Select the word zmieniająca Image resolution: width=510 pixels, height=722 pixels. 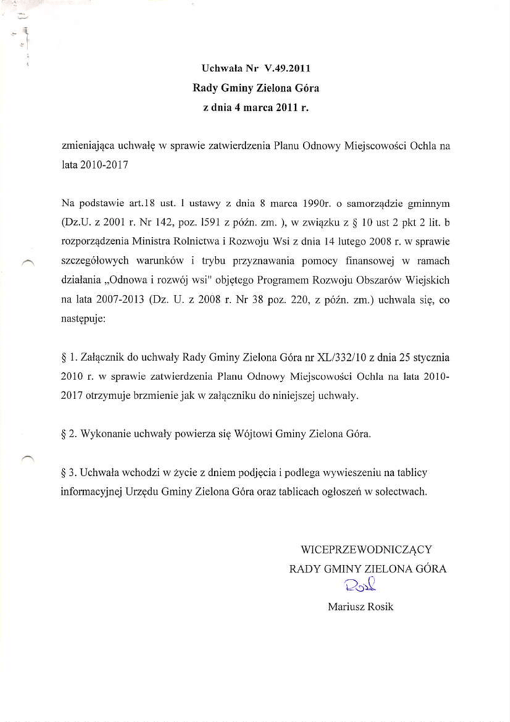coord(86,147)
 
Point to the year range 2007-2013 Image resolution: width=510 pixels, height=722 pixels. coord(108,300)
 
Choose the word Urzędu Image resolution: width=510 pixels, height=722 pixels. coord(141,492)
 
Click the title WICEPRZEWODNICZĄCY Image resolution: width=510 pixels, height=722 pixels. coord(366,549)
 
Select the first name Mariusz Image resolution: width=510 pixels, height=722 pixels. coord(347,606)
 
